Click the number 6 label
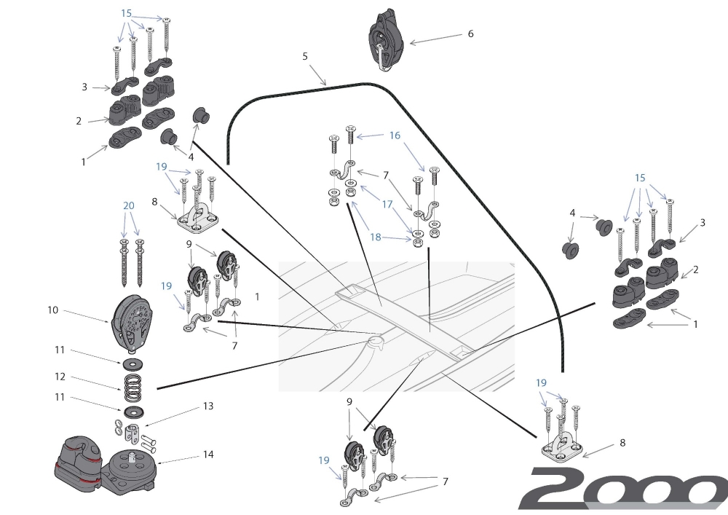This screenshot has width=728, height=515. tap(470, 34)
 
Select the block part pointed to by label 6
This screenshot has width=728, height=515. tap(385, 40)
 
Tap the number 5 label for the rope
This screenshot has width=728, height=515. tap(305, 55)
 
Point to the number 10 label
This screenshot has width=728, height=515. tap(52, 310)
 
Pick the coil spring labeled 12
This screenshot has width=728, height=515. tap(132, 386)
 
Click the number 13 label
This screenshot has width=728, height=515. tap(207, 406)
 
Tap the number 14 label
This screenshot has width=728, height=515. tap(208, 454)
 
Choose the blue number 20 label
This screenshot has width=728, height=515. tap(129, 205)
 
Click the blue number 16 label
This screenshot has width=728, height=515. tap(395, 135)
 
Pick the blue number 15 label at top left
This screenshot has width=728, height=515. tap(127, 13)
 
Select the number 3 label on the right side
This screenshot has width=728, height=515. tap(703, 223)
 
